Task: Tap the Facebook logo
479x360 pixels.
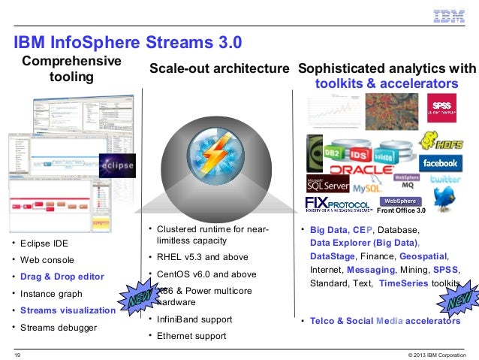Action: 440,163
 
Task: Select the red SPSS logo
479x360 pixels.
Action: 439,103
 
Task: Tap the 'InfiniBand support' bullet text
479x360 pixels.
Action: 194,319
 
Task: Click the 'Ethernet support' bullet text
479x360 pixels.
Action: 191,336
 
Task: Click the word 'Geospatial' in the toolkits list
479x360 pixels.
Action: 424,256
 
